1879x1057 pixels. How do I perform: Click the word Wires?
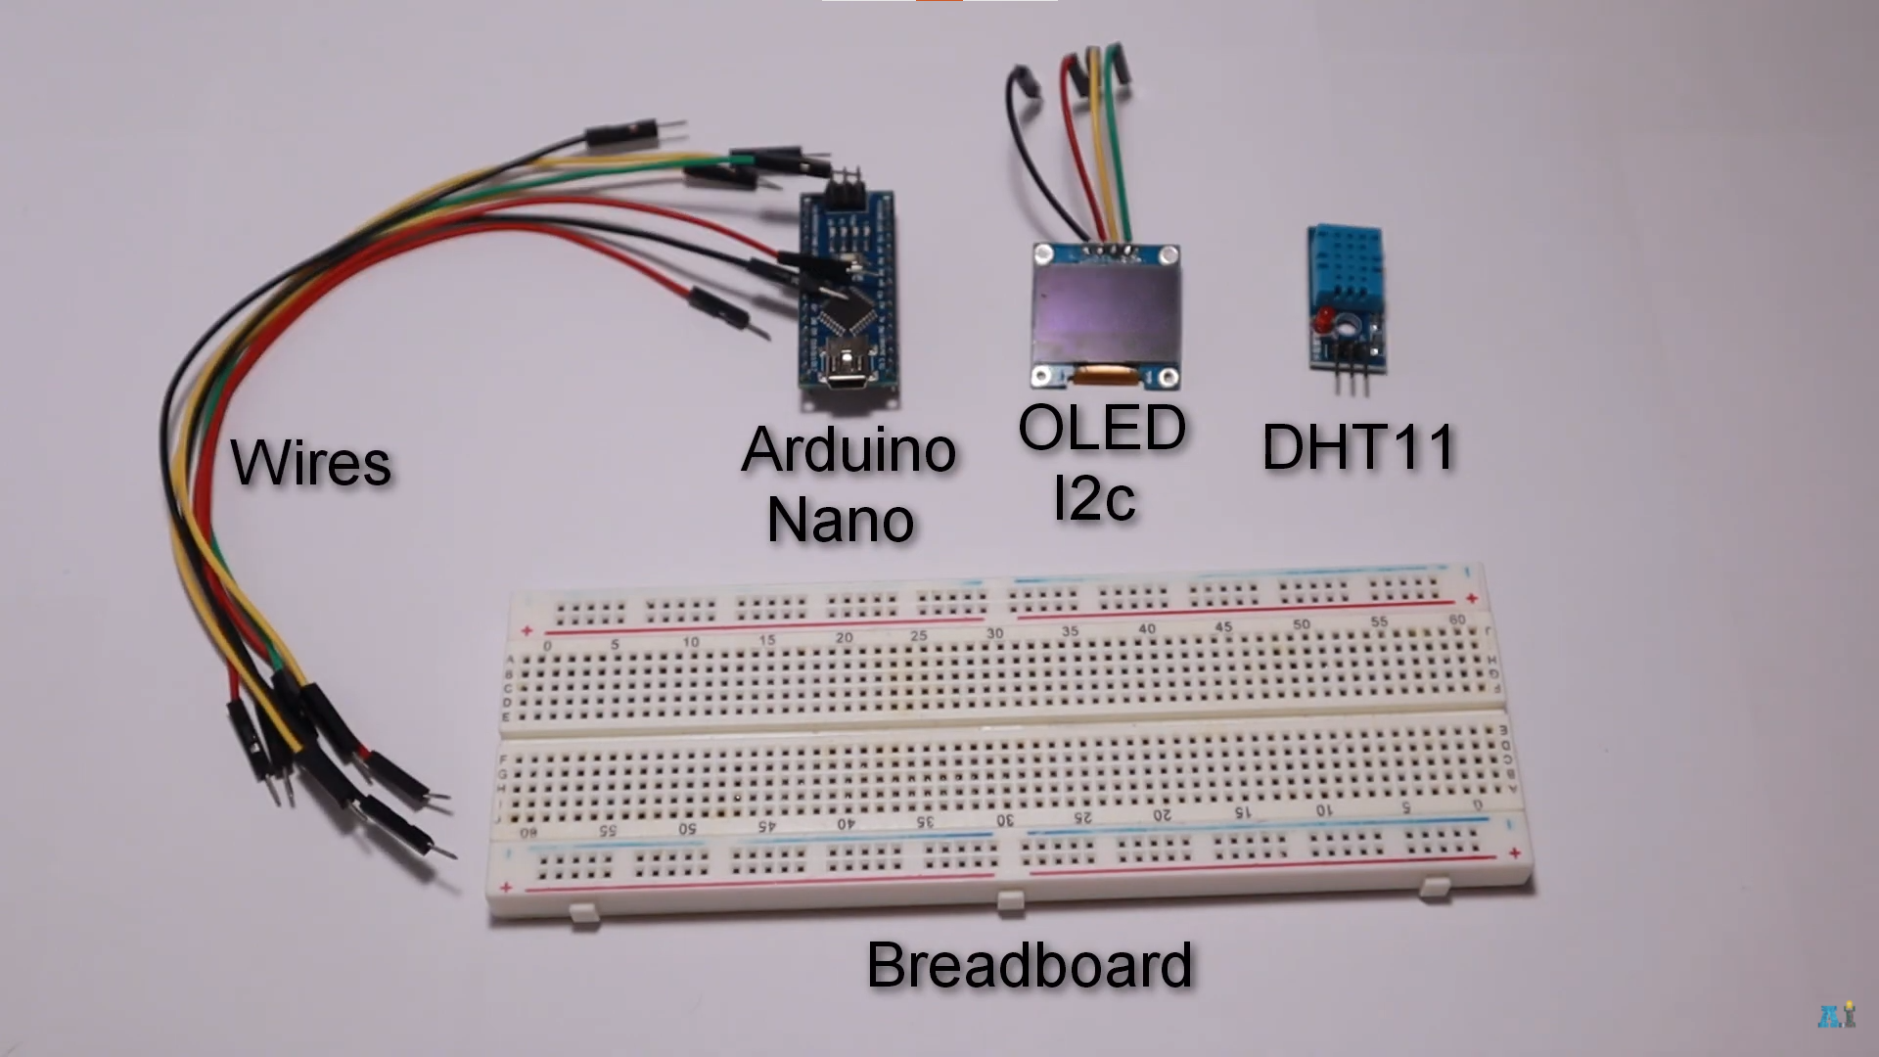[311, 464]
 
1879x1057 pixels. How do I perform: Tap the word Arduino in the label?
[848, 450]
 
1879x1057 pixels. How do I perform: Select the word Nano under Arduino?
[840, 520]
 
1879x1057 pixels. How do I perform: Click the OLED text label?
[1102, 429]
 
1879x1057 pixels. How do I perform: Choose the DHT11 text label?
[1358, 447]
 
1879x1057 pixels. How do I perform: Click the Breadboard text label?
[1030, 965]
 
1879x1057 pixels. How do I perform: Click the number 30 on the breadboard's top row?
[994, 634]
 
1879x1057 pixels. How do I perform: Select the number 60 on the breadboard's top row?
[1457, 620]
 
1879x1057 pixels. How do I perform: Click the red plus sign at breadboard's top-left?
[527, 631]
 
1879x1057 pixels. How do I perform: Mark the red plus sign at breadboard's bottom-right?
[1514, 853]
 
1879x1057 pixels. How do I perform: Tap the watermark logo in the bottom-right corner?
[1836, 1015]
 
